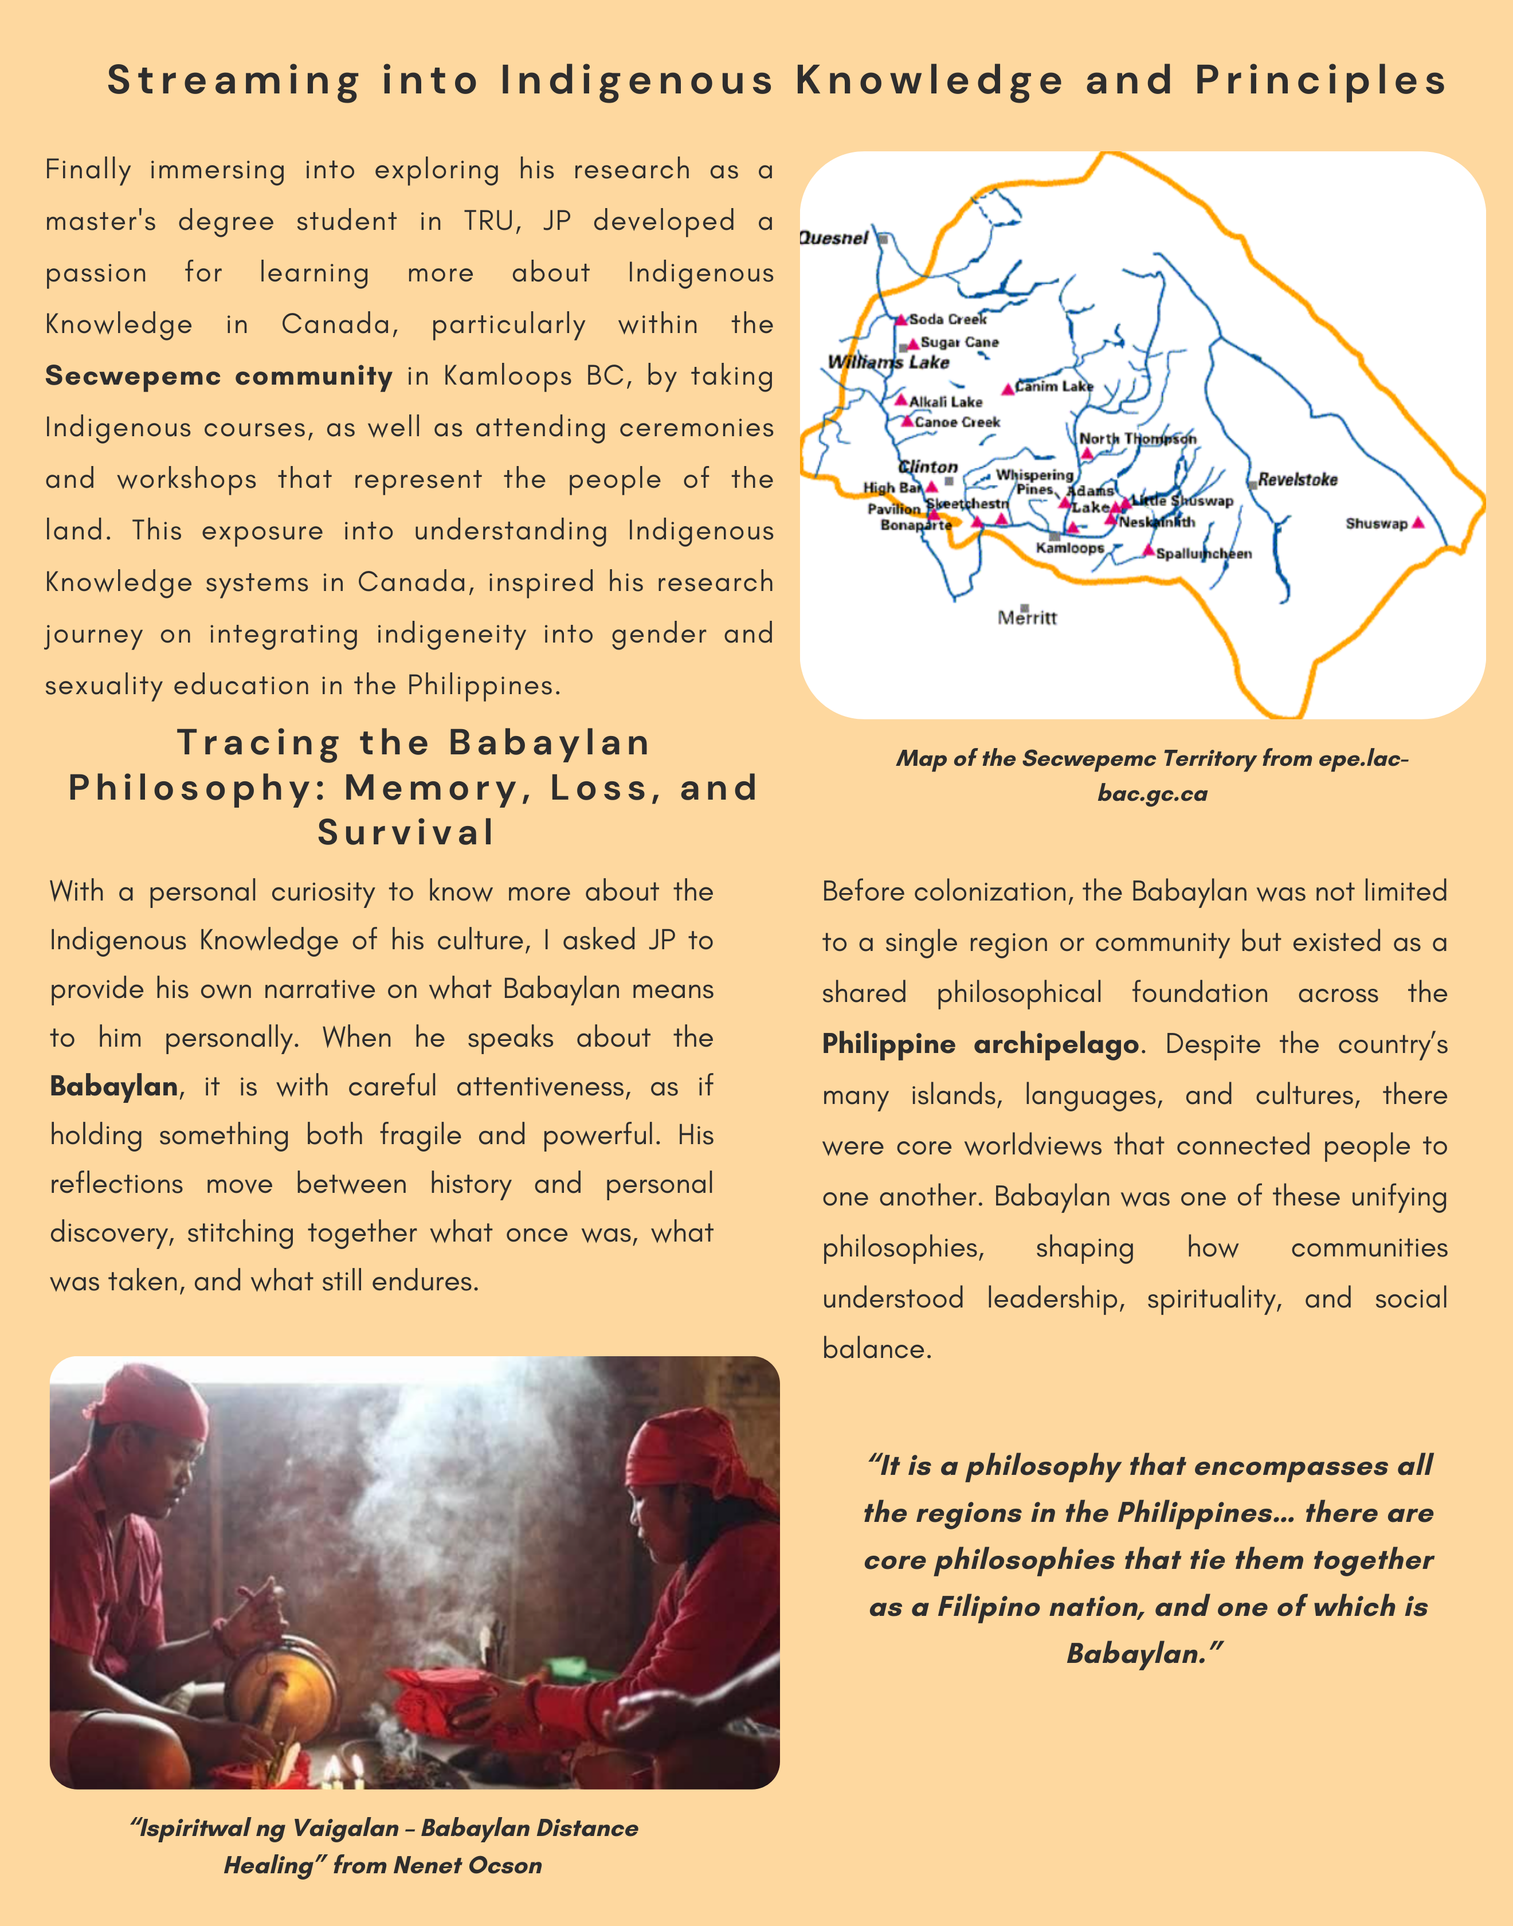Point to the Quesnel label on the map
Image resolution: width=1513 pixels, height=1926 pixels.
pos(833,237)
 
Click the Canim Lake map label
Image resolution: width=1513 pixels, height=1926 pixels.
pos(1054,386)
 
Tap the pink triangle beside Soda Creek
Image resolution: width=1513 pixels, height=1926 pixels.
pos(901,319)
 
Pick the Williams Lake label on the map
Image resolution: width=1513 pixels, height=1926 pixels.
pos(888,362)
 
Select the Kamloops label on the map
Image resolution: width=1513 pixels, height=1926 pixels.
pos(1069,547)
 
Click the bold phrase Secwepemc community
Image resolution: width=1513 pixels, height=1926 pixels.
pos(219,375)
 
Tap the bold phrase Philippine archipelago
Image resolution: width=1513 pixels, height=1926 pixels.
pos(980,1044)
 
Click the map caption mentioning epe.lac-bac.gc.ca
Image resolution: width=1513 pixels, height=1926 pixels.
pos(1151,775)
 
